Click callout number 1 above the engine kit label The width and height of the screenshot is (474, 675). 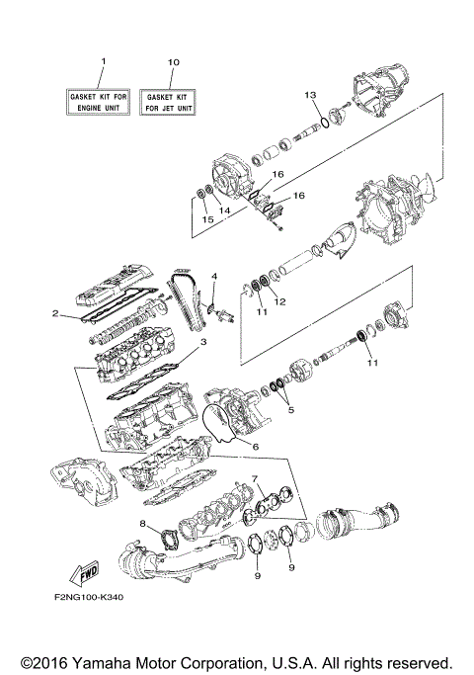(102, 62)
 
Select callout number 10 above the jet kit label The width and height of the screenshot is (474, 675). (173, 62)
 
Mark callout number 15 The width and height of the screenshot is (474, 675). (206, 218)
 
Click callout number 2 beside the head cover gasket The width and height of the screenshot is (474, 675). (58, 315)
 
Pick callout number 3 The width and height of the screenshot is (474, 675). (202, 343)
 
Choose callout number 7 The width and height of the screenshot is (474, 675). (255, 479)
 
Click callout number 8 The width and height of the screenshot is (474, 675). (142, 524)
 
